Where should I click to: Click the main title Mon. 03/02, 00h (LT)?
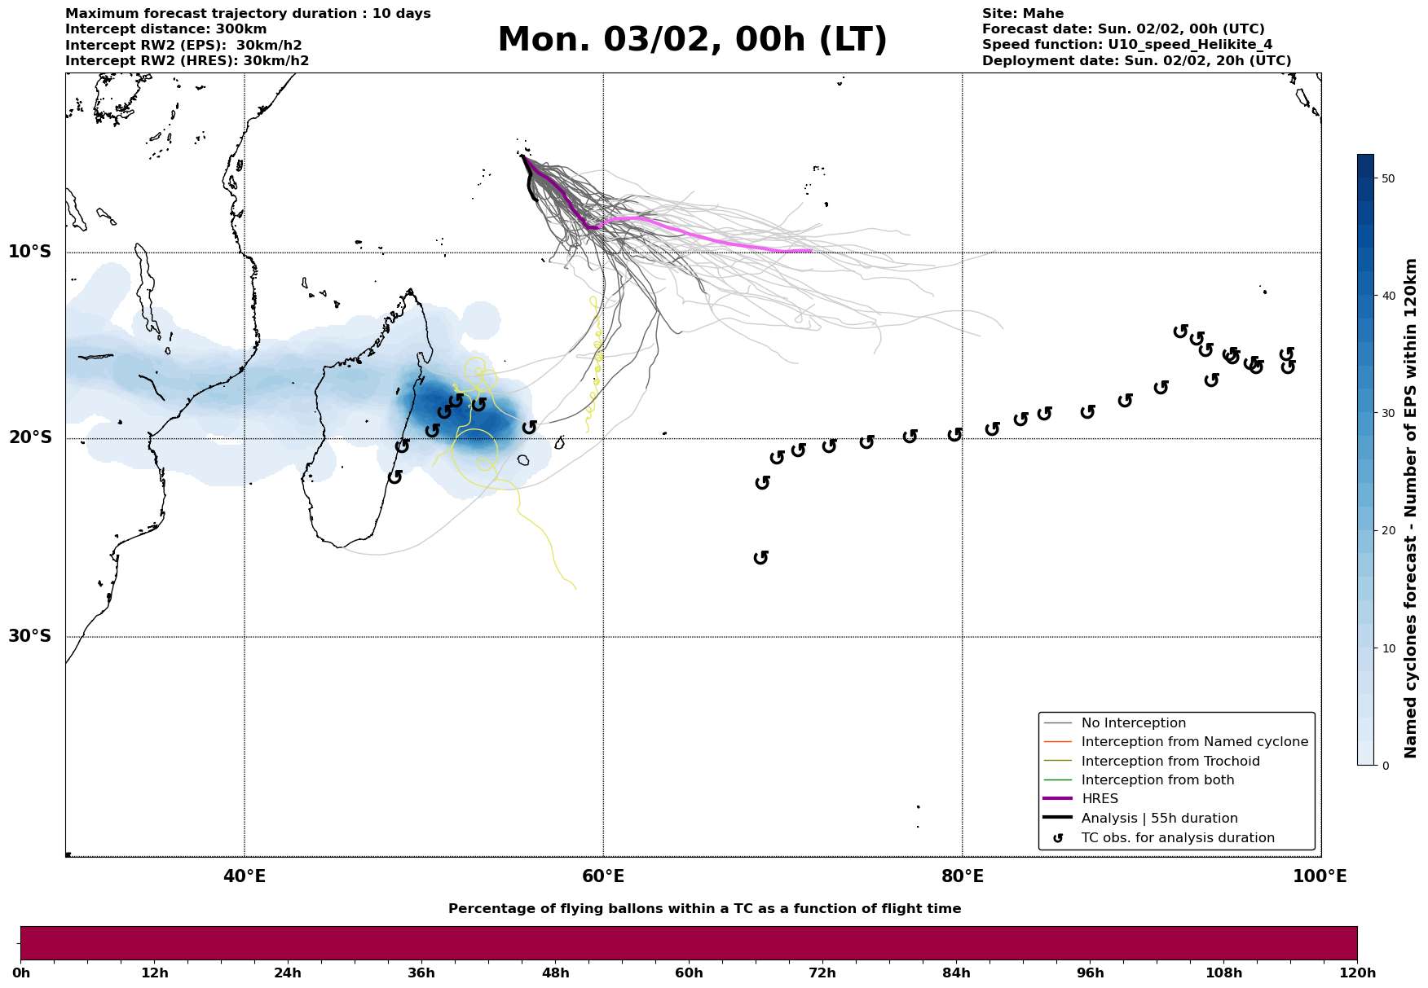[x=692, y=40]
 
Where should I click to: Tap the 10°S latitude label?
[x=30, y=252]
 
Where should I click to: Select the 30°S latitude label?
[x=30, y=636]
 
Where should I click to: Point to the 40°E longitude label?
[x=245, y=876]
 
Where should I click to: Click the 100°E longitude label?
[x=1320, y=876]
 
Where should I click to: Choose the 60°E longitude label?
[x=603, y=876]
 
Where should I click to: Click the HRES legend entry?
[x=1100, y=799]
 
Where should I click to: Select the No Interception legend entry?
[x=1133, y=723]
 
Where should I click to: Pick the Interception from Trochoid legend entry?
[x=1170, y=762]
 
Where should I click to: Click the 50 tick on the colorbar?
[x=1387, y=178]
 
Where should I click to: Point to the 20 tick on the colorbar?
[x=1387, y=531]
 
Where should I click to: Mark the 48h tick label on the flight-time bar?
[x=555, y=973]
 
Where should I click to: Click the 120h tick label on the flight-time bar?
[x=1357, y=973]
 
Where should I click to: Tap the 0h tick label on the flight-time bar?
[x=21, y=973]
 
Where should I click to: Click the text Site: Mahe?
[x=1022, y=14]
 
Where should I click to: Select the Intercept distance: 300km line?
[x=165, y=29]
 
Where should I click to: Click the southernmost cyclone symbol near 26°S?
[x=761, y=557]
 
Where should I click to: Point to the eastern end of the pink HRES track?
[x=811, y=251]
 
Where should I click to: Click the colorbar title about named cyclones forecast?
[x=1411, y=508]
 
